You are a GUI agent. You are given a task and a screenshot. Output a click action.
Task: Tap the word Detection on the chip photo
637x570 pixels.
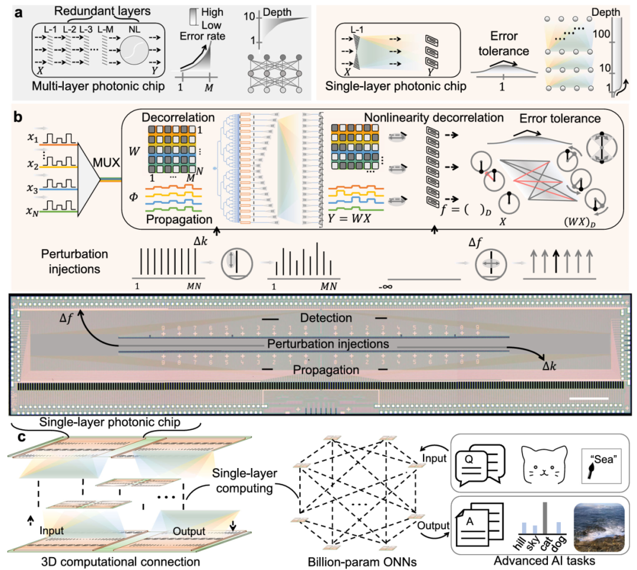(x=326, y=318)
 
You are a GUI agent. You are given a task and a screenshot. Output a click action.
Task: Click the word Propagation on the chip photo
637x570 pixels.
(x=326, y=370)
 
